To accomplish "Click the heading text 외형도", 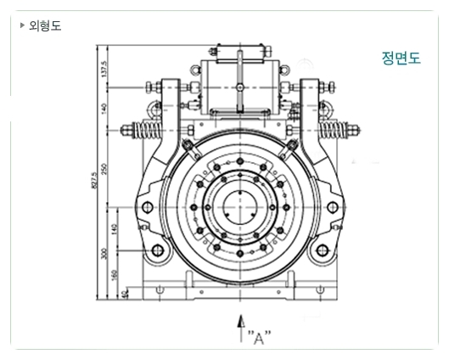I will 45,25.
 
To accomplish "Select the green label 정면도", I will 401,59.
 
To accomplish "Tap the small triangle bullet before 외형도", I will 22,25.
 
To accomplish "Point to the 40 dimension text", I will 126,294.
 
